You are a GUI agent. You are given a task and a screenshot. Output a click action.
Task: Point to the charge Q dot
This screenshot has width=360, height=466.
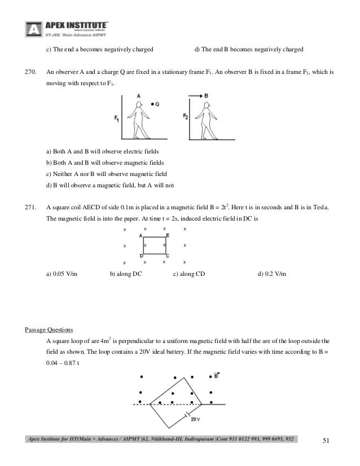tap(151, 104)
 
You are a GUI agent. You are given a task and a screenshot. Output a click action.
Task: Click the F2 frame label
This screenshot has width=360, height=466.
tap(186, 116)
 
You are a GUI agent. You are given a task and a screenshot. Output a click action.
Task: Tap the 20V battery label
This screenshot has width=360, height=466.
tap(195, 419)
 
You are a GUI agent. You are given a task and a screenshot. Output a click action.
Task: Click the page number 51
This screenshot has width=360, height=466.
tap(325, 441)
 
